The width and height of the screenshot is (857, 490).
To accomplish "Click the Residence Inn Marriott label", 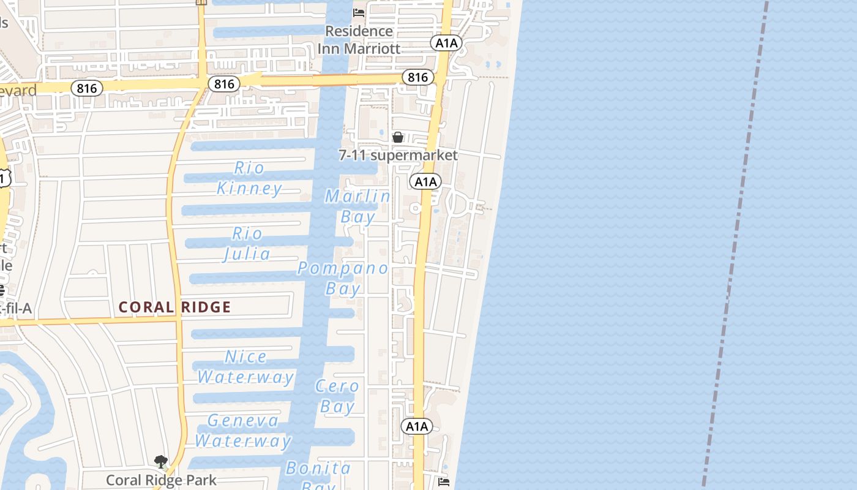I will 359,39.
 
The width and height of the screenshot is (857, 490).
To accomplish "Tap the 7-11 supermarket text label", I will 398,155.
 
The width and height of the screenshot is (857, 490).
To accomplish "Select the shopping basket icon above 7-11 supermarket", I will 398,137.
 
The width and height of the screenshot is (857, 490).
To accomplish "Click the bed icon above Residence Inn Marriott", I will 359,12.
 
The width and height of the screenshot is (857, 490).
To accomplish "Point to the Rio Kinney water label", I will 250,178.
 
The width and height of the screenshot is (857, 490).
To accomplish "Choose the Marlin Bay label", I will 357,206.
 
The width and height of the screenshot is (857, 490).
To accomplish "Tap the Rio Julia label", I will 247,244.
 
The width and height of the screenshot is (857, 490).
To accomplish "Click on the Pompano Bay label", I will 343,277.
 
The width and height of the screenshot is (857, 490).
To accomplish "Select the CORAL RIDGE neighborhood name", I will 174,307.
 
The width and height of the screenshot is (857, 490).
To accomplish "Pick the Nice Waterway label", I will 245,366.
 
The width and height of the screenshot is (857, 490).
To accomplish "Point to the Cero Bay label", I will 337,396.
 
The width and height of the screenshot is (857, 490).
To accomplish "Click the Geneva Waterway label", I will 243,430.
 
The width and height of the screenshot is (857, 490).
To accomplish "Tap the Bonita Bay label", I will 318,475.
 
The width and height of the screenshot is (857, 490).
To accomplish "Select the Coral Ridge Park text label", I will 161,480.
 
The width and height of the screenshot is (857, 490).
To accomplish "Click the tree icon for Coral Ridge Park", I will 161,461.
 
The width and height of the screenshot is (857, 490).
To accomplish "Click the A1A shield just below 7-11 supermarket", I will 425,181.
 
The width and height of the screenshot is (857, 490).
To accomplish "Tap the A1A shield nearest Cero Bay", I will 417,426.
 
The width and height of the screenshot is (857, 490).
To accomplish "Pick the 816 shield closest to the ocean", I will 417,77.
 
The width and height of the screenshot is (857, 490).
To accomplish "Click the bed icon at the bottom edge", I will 444,482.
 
